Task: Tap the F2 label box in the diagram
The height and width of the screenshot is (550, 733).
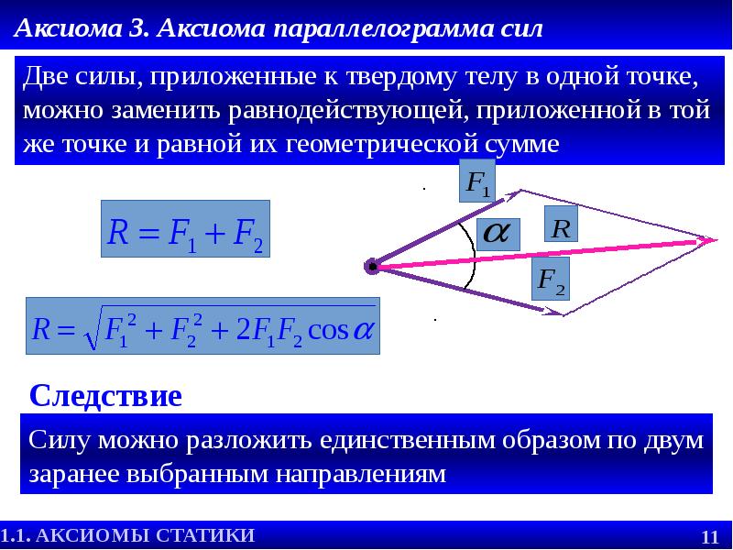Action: (x=551, y=280)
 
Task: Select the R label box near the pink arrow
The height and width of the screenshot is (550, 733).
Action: (x=562, y=225)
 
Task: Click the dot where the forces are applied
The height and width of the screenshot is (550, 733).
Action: (x=372, y=267)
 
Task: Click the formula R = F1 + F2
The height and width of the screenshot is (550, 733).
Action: (x=185, y=230)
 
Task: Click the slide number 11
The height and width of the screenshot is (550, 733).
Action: (x=709, y=536)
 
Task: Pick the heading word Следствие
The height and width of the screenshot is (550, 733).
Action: (x=106, y=396)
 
